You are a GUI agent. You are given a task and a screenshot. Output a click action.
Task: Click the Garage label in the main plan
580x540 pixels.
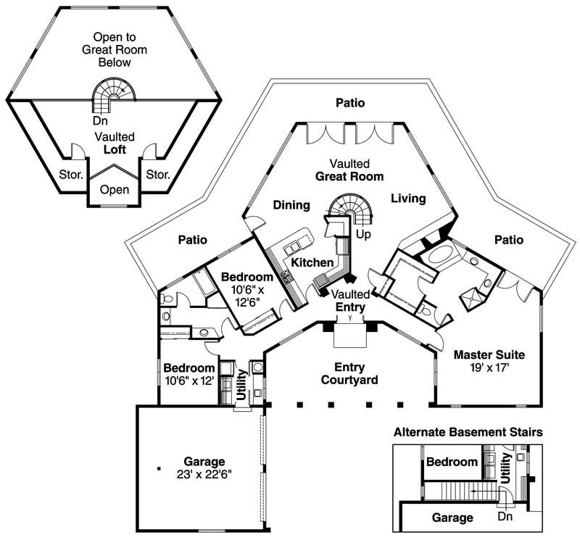pyautogui.click(x=204, y=461)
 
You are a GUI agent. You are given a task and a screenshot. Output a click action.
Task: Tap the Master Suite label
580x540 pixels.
pyautogui.click(x=489, y=355)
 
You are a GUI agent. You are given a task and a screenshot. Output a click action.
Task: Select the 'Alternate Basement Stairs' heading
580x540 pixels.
pyautogui.click(x=468, y=432)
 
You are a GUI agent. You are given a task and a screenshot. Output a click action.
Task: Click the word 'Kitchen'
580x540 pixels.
pyautogui.click(x=312, y=262)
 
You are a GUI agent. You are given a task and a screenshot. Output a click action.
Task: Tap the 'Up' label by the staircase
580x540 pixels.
pyautogui.click(x=363, y=235)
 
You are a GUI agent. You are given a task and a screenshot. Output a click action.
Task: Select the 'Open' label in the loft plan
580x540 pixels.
pyautogui.click(x=115, y=190)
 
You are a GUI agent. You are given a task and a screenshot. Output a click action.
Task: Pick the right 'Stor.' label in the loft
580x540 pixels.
pyautogui.click(x=157, y=174)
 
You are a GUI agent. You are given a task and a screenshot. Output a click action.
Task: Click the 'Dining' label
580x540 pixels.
pyautogui.click(x=291, y=205)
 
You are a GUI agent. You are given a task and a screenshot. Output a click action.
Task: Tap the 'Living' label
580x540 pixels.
pyautogui.click(x=407, y=198)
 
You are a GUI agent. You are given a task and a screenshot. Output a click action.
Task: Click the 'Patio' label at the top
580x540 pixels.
pyautogui.click(x=349, y=104)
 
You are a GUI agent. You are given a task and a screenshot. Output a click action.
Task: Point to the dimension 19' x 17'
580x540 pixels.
pyautogui.click(x=489, y=368)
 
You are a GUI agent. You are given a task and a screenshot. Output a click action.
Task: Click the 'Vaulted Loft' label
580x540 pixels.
pyautogui.click(x=115, y=142)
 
